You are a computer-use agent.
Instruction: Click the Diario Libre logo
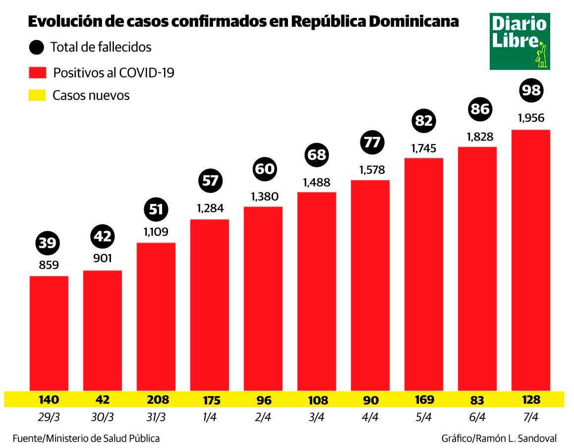pos(519,41)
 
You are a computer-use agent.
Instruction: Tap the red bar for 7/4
pos(531,260)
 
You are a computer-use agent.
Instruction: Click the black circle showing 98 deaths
pos(531,90)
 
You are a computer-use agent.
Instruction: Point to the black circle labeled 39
pos(49,243)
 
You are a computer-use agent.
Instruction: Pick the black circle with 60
pos(264,169)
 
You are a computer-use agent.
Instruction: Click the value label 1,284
pos(210,208)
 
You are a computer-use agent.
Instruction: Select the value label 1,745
pos(424,148)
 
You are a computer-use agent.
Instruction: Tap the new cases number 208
pos(156,399)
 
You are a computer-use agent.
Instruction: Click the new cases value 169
pos(424,399)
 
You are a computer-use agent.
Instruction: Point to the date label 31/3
pos(156,417)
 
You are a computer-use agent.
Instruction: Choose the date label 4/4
pos(370,417)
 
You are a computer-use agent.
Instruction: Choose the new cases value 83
pos(477,399)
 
